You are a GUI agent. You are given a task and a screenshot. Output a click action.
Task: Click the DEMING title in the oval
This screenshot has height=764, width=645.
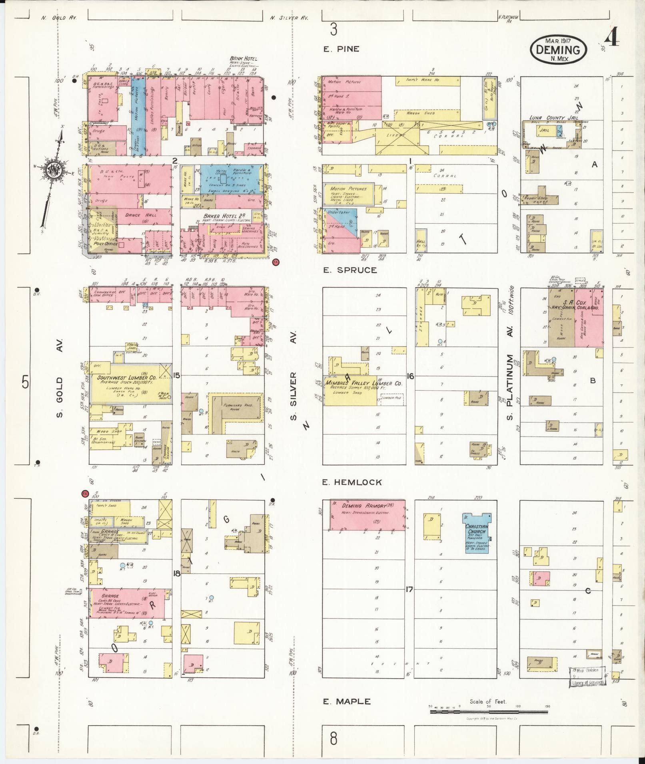pyautogui.click(x=558, y=50)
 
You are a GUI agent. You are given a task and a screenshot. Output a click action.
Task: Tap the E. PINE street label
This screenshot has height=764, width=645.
pyautogui.click(x=341, y=49)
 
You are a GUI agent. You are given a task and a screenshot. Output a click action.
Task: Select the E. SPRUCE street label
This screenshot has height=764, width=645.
pyautogui.click(x=350, y=270)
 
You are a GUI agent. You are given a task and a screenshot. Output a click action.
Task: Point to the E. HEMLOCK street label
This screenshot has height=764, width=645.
pyautogui.click(x=352, y=482)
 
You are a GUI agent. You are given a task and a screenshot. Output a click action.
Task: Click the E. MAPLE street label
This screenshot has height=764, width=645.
pyautogui.click(x=346, y=701)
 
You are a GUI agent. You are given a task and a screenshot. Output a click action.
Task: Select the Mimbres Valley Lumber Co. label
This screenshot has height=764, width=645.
pyautogui.click(x=363, y=383)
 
